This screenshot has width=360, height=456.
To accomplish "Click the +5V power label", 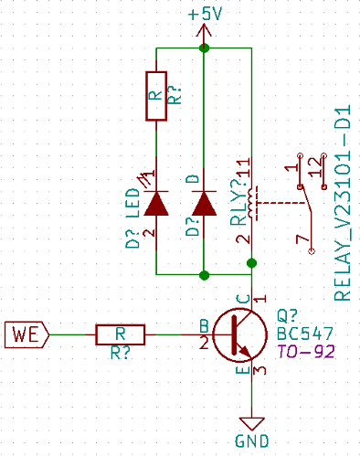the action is [x=205, y=14].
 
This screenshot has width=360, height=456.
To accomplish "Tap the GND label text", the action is [x=251, y=440].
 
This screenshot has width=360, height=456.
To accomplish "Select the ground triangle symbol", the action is [x=251, y=424].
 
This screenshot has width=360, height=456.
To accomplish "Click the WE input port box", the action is [x=26, y=334].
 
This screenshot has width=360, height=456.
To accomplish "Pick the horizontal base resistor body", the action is [x=121, y=334].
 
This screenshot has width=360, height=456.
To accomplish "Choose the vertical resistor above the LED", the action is [x=156, y=96].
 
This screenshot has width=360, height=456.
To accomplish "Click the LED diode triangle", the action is [x=156, y=204].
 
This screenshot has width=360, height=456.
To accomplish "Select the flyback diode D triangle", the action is [x=204, y=204].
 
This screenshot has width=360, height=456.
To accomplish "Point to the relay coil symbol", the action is [x=251, y=203].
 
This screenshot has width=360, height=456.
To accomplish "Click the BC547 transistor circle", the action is [x=240, y=334].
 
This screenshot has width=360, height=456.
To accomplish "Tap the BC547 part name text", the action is [x=305, y=334].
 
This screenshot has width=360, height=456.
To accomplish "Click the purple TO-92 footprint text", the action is [x=306, y=351].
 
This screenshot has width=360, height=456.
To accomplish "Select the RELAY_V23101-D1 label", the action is [x=343, y=203].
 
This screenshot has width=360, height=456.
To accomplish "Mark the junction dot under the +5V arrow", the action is [x=204, y=48].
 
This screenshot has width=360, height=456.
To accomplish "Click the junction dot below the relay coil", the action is [x=251, y=263].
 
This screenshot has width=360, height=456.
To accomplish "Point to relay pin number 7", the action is [x=302, y=239].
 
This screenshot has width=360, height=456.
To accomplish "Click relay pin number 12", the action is [x=316, y=167].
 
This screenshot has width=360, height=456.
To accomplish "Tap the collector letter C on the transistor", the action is [x=244, y=299].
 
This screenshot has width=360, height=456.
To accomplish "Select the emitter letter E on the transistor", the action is [x=243, y=370].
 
